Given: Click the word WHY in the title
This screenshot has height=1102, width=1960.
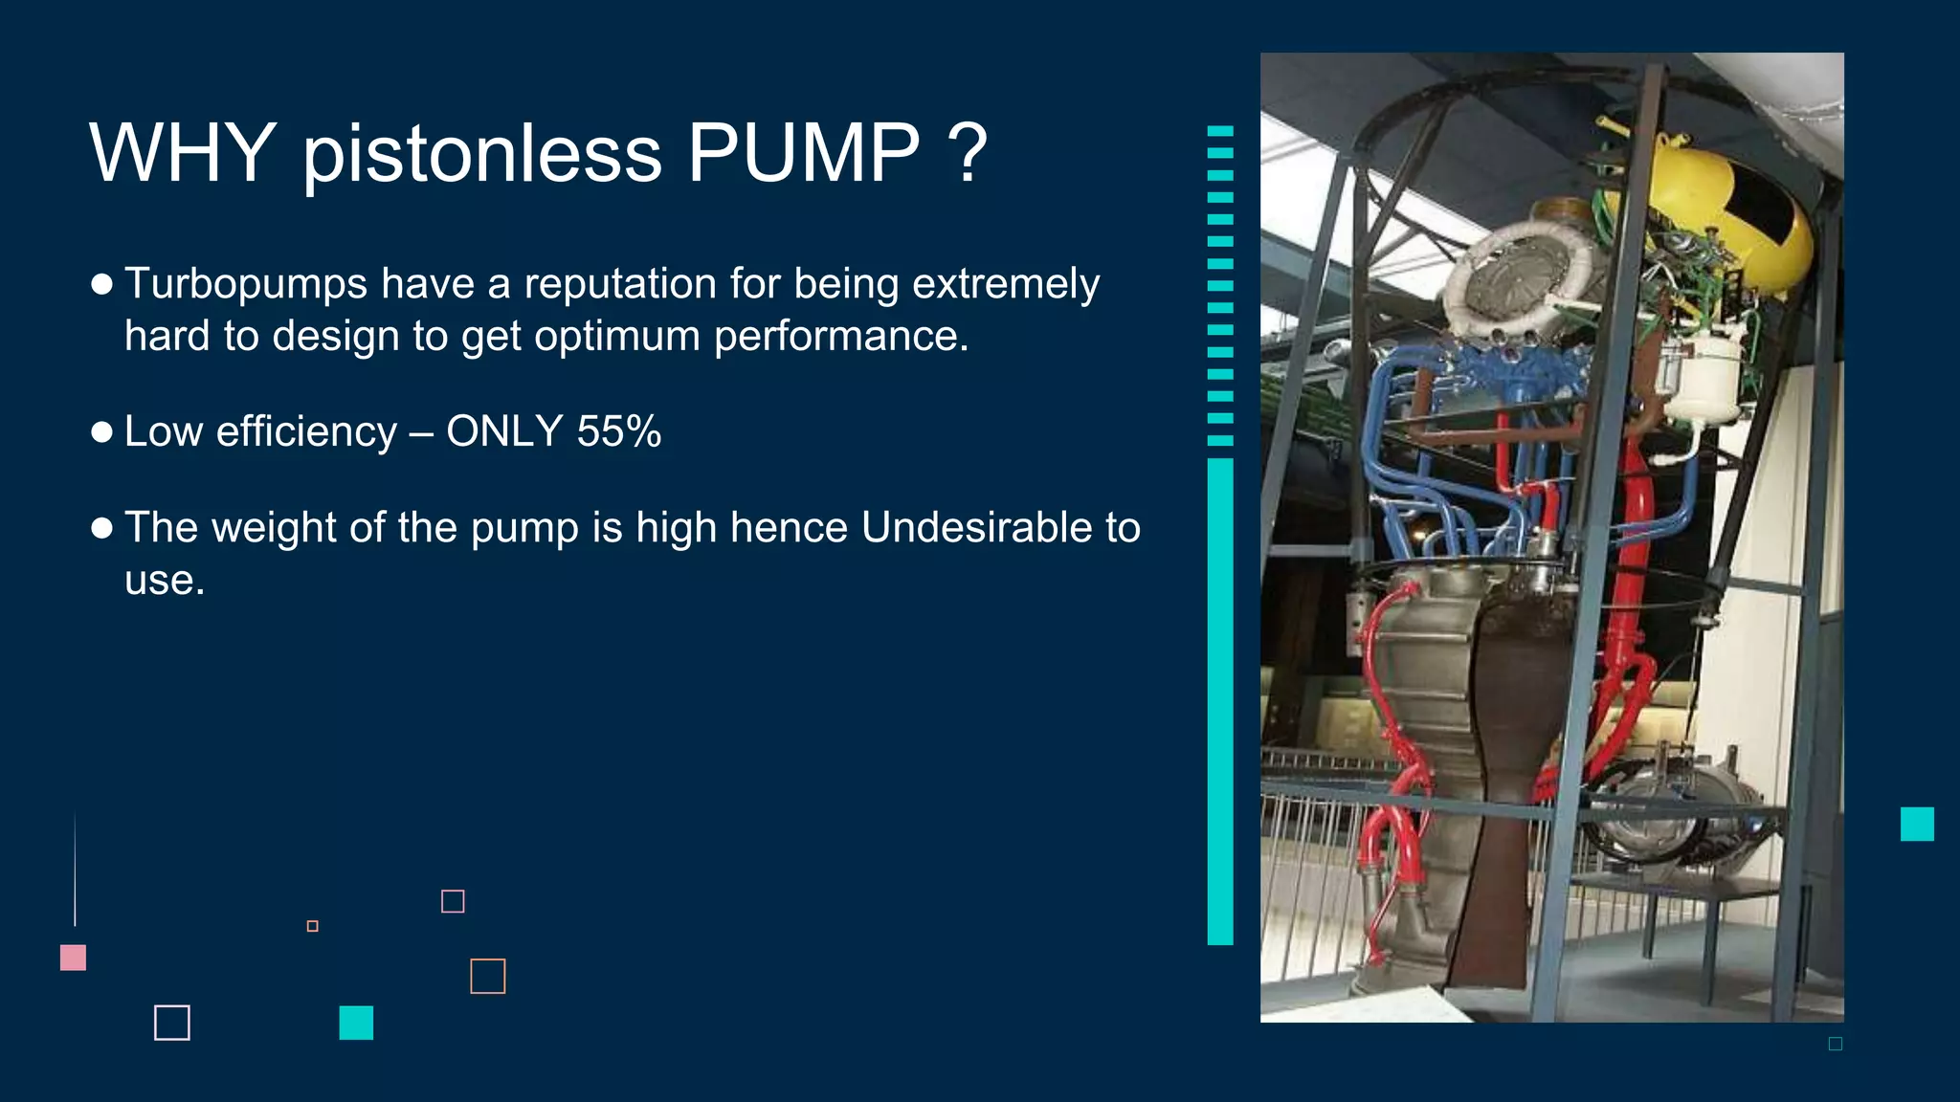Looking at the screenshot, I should click(x=182, y=153).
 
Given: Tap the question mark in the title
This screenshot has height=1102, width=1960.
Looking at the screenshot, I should click(x=969, y=153).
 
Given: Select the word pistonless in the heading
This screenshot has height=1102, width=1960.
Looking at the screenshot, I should click(x=481, y=155).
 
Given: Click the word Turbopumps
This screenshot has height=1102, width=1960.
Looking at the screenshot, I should click(x=246, y=284).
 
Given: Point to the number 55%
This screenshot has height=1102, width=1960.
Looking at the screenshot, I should click(x=619, y=431).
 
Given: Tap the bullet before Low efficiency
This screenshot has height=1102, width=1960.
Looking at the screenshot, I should click(x=102, y=432).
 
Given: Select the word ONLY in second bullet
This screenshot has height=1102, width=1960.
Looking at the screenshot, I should click(x=503, y=431).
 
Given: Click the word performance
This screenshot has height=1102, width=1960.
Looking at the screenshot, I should click(x=840, y=337).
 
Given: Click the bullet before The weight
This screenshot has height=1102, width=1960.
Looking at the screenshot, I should click(x=102, y=528).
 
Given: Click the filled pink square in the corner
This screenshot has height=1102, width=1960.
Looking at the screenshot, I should click(x=73, y=958).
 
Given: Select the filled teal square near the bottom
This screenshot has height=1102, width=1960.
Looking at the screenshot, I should click(x=356, y=1023).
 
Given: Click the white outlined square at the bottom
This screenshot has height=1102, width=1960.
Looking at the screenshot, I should click(x=172, y=1023).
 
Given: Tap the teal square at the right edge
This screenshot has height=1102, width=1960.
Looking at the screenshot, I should click(x=1917, y=824).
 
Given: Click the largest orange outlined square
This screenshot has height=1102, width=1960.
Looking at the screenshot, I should click(x=488, y=976).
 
